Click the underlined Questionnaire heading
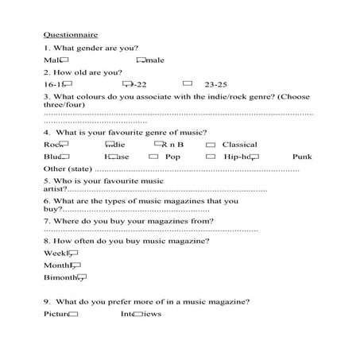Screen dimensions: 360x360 [x=71, y=35]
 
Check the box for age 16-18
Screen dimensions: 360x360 [x=68, y=83]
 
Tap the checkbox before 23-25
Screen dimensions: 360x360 [x=188, y=83]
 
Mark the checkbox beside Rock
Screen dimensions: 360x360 [x=64, y=144]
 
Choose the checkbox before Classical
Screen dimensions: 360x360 [x=211, y=145]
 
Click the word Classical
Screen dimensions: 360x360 [x=239, y=145]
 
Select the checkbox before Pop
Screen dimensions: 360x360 [x=153, y=157]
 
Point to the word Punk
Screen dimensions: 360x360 [x=302, y=157]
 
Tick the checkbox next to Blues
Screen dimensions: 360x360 [x=64, y=157]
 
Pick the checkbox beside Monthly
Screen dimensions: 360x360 [x=76, y=265]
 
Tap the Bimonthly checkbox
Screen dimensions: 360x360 [x=81, y=277]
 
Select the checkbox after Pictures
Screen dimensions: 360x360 [x=74, y=314]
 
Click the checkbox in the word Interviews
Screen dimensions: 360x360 [x=138, y=314]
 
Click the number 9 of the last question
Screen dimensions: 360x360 [x=47, y=301]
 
